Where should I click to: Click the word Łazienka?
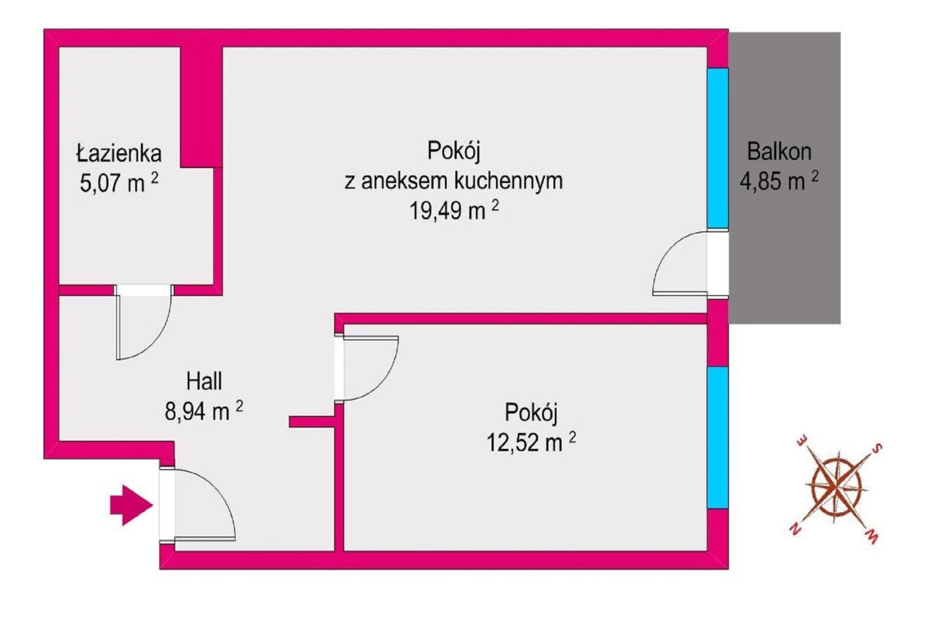[119, 153]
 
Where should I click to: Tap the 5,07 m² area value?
[119, 183]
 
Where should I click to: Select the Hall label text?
[204, 381]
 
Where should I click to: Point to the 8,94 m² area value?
[204, 410]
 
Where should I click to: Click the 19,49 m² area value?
[454, 210]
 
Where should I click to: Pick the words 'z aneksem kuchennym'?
[454, 181]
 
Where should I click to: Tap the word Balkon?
[779, 152]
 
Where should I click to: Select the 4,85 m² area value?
[779, 181]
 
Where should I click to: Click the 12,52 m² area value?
[531, 442]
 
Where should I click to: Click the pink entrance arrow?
[131, 505]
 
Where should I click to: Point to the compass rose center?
[836, 489]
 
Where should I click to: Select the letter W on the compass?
[871, 537]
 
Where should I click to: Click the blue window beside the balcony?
[717, 148]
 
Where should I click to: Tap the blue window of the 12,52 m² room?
[717, 437]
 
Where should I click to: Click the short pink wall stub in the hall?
[312, 421]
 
